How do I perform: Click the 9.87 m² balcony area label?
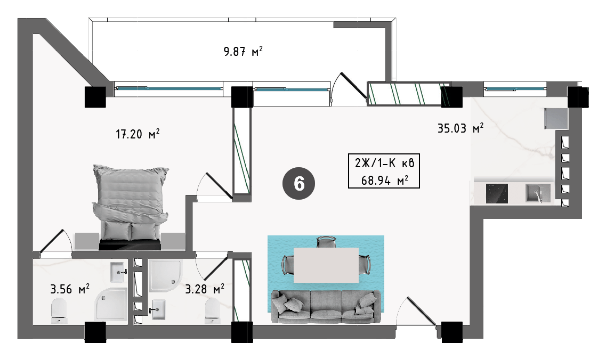point(243,51)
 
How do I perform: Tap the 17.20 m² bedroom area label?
point(138,134)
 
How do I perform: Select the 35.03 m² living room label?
point(460,128)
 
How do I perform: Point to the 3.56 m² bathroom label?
point(70,289)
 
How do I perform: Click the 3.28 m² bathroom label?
point(205,289)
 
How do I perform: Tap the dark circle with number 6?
point(299,184)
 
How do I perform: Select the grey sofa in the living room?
point(326,307)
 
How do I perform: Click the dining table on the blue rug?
point(326,265)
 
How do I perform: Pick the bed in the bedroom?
point(130,207)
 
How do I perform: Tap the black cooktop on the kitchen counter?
point(497,193)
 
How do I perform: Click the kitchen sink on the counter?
point(538,193)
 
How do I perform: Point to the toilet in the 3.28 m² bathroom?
point(213,310)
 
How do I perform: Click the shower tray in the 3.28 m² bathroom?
point(165,275)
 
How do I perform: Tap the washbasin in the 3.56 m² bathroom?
point(118,272)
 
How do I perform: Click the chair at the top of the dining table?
point(327,242)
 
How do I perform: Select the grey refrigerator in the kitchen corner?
point(556,119)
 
